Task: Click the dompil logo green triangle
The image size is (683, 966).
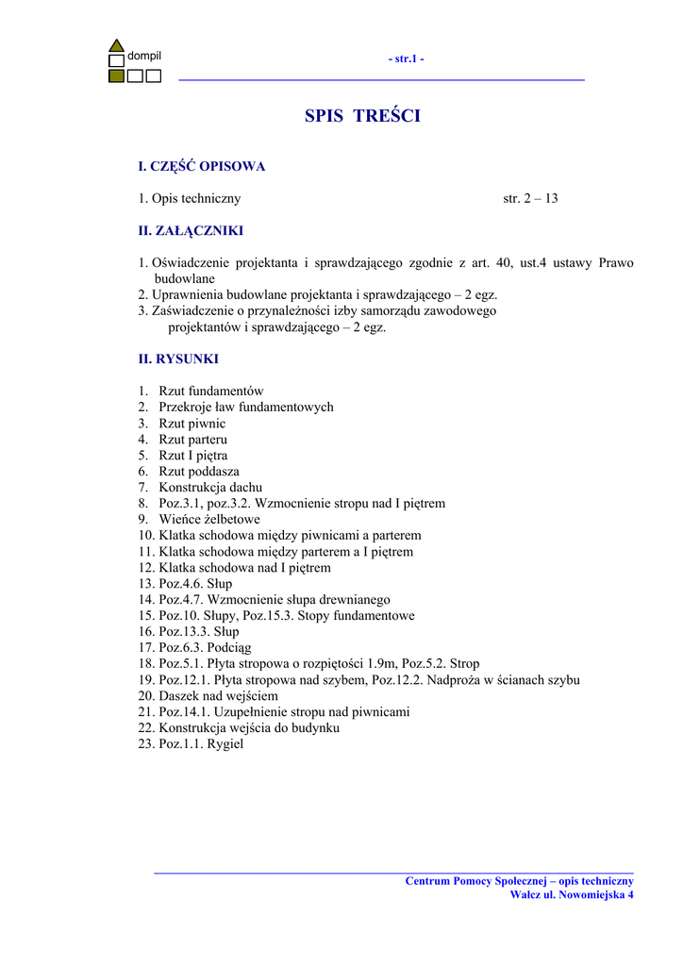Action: point(116,45)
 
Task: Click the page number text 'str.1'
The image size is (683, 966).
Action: point(406,58)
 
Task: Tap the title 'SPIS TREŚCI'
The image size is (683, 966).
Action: point(362,116)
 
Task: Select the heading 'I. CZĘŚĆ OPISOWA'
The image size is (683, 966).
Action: point(202,166)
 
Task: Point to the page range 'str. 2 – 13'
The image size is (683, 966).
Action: point(531,198)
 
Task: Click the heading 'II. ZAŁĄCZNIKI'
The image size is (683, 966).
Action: point(192,230)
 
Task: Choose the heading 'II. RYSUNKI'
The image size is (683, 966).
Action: point(178,358)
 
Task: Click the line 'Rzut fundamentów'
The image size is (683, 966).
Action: point(211,391)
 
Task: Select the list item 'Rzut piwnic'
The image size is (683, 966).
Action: point(192,424)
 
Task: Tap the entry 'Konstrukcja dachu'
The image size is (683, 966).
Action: point(210,487)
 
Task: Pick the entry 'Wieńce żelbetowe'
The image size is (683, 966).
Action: point(209,519)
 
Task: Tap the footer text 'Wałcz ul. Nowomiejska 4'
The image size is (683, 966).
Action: point(572,894)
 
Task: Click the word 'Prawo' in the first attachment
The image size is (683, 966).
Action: point(616,262)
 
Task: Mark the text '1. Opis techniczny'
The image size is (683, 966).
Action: point(190,198)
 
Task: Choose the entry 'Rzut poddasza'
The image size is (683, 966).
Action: point(199,471)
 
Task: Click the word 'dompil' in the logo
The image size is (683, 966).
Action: point(144,56)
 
